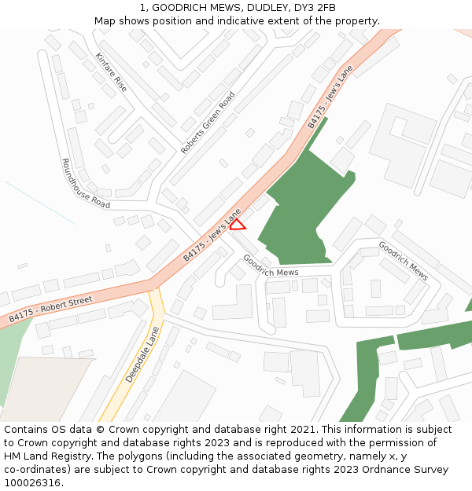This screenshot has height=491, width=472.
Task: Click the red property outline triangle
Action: (238, 225)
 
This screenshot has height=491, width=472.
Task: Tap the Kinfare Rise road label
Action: (111, 72)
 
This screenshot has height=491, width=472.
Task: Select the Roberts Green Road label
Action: (208, 123)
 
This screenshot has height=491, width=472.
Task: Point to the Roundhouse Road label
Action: (85, 183)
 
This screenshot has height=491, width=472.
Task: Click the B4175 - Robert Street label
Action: (50, 310)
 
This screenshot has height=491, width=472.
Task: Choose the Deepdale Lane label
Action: (142, 354)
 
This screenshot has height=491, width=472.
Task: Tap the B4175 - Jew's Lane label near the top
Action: (330, 97)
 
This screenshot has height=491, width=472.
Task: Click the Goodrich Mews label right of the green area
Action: (403, 260)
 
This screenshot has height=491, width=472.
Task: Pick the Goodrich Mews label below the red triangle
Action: (271, 265)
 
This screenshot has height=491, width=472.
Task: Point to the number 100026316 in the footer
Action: (34, 483)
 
